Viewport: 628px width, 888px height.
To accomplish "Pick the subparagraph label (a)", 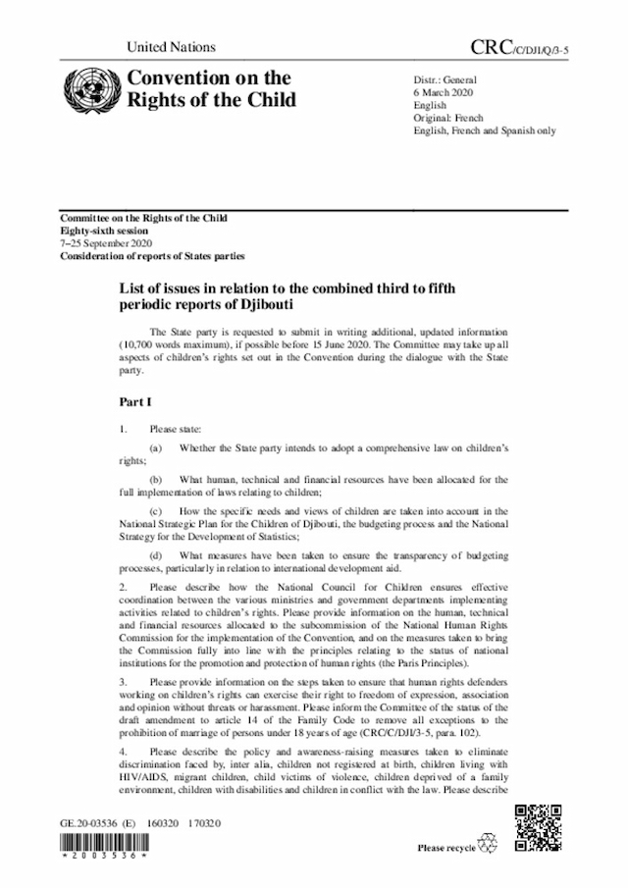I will (x=155, y=447).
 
